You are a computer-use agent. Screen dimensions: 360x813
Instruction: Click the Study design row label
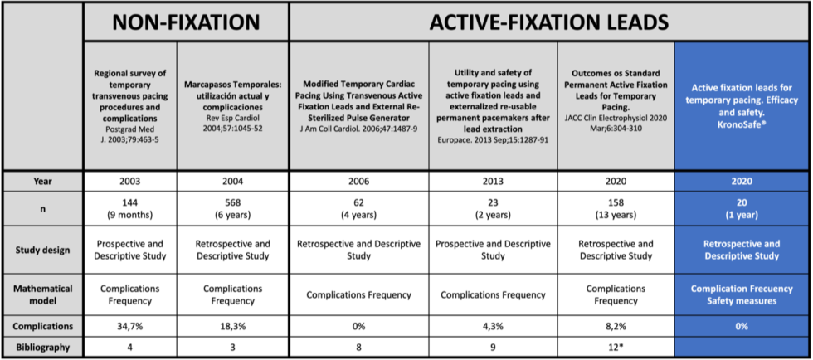point(43,250)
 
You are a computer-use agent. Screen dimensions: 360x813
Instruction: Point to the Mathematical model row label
point(43,294)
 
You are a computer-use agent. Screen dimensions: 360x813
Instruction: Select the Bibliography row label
point(43,348)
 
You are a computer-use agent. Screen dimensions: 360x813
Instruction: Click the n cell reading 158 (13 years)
point(615,209)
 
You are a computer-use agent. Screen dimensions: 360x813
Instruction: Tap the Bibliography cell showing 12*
point(615,348)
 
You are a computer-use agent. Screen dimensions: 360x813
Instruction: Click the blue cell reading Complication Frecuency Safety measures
point(742,294)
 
